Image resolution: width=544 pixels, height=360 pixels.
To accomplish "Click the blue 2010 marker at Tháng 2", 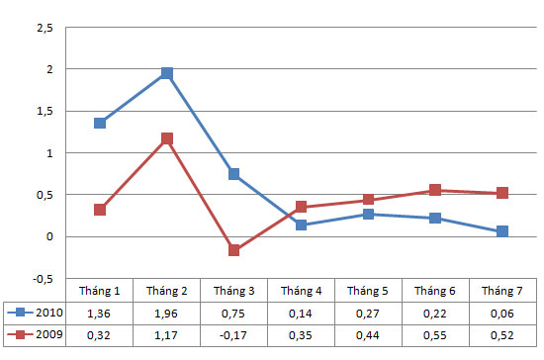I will coord(167,73).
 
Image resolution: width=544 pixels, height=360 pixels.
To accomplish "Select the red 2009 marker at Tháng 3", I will coord(234,251).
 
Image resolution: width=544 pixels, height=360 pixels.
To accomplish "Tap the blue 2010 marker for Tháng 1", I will coord(100,124).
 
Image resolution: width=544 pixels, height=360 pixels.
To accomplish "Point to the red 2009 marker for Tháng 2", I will coord(167,138).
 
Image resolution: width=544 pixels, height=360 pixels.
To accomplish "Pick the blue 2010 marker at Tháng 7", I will coord(502,231).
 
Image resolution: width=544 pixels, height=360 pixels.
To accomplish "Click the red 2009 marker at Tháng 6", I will coord(435,190).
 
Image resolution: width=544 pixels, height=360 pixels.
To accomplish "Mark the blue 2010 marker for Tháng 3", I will coord(234,174).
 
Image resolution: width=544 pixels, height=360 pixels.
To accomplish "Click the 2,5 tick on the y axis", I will coord(43,28).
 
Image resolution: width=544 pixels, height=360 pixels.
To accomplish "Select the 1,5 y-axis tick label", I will coord(43,112).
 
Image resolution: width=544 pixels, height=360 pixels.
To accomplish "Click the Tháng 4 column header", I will coord(301,290).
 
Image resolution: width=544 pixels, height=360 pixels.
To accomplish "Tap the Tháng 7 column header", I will coord(502,290).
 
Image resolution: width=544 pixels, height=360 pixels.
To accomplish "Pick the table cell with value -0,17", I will coord(234,335).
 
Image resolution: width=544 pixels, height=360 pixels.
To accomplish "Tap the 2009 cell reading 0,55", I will coord(435,335).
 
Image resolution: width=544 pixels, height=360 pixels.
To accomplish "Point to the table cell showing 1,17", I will coord(167,335).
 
